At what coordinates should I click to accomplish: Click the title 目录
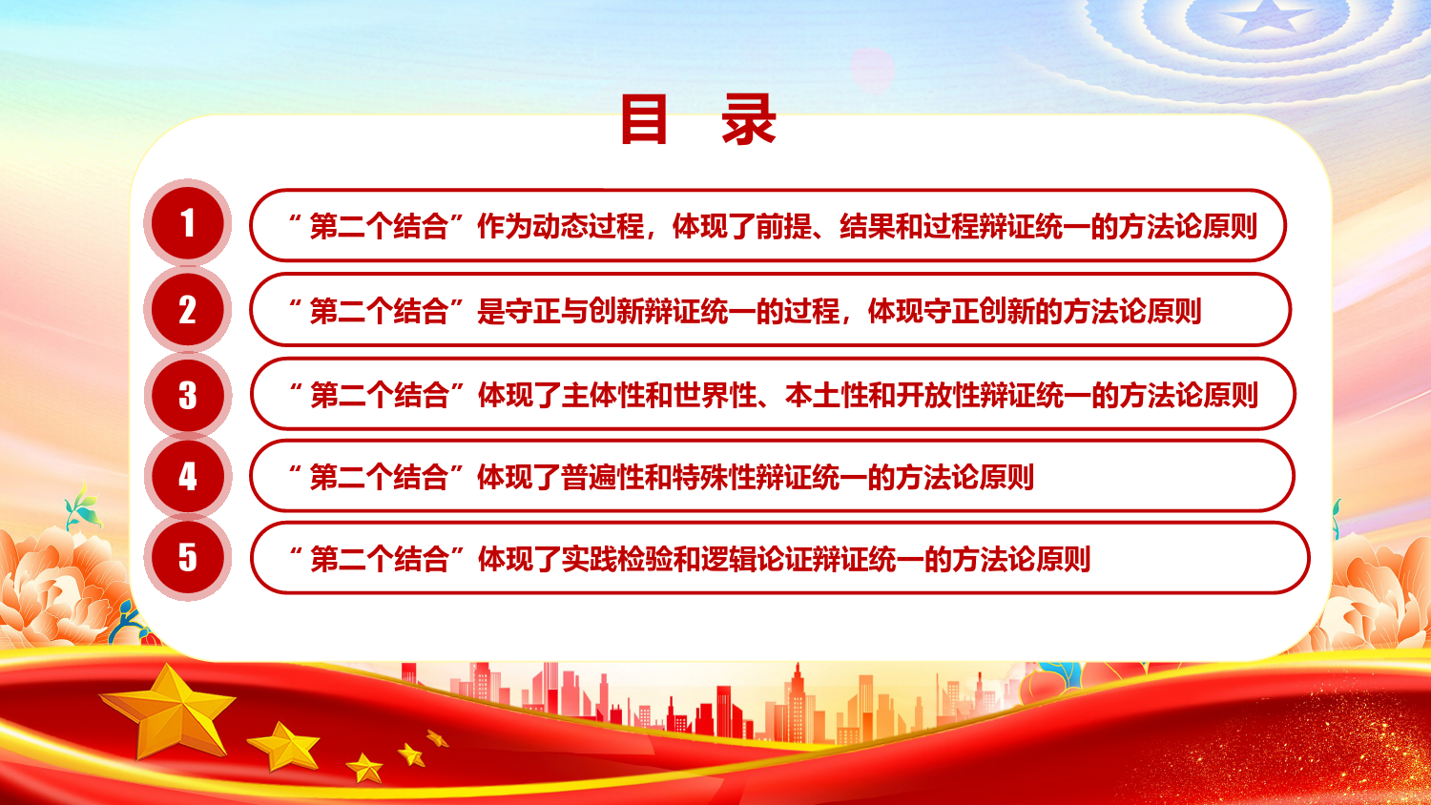click(698, 119)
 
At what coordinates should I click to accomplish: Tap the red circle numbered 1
click(187, 223)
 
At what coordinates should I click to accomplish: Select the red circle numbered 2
click(187, 309)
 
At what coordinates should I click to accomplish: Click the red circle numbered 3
click(187, 395)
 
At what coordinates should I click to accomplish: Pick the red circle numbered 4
click(187, 476)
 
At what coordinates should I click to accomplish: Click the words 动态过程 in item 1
click(589, 226)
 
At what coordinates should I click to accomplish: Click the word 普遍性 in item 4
click(603, 477)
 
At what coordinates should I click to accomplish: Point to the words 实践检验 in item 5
click(617, 559)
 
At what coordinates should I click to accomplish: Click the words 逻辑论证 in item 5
click(757, 559)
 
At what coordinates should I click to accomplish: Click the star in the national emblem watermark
click(1268, 17)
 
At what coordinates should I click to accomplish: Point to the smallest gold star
click(438, 738)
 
